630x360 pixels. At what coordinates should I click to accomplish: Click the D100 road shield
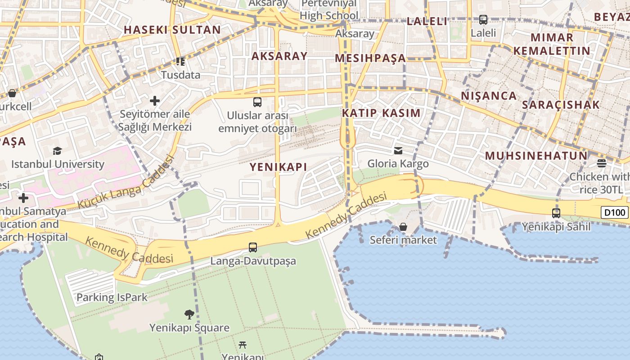click(x=615, y=212)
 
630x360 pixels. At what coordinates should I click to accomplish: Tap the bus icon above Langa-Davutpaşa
click(x=253, y=247)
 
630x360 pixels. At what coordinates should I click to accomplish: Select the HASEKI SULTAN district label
click(x=172, y=30)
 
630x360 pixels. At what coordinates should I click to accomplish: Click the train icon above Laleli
click(x=483, y=20)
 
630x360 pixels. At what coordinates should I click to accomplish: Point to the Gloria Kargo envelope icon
click(x=398, y=150)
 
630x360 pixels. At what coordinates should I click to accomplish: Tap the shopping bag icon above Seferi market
click(x=403, y=227)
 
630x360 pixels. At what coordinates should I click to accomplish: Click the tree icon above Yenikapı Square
click(x=189, y=314)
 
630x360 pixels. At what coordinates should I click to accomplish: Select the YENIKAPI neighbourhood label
click(x=279, y=167)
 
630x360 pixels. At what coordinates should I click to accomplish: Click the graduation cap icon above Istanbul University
click(x=57, y=151)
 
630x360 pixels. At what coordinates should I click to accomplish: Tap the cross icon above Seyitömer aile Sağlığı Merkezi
click(x=155, y=101)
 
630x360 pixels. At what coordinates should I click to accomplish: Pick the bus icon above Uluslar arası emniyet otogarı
click(x=257, y=102)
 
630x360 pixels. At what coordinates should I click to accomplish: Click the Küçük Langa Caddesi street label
click(x=126, y=183)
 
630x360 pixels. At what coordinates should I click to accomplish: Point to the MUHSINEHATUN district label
click(x=536, y=156)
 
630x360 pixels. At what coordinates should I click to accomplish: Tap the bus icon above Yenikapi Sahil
click(x=556, y=213)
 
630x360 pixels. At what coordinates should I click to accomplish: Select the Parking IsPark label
click(x=112, y=297)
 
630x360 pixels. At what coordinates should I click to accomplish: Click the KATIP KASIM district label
click(x=381, y=113)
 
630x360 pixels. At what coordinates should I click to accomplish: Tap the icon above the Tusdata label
click(x=180, y=62)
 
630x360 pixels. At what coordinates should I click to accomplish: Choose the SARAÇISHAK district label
click(x=561, y=105)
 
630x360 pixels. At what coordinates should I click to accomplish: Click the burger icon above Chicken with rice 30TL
click(x=602, y=163)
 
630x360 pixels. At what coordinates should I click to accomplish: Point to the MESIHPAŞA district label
click(x=370, y=58)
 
